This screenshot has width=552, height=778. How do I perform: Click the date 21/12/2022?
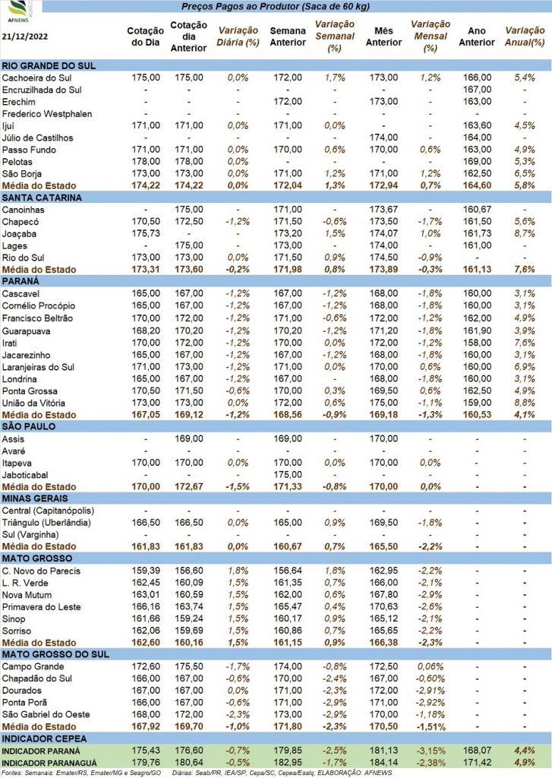click(25, 36)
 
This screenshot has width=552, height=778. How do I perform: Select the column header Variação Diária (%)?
click(238, 36)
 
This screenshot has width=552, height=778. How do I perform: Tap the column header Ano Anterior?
click(477, 36)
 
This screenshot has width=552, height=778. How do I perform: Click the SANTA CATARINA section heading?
click(42, 198)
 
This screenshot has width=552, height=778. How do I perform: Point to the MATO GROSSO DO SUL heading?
click(55, 654)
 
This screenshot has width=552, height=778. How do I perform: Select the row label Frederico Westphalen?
click(47, 114)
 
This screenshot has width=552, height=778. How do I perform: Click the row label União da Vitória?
click(33, 403)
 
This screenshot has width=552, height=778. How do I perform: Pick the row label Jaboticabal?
click(25, 475)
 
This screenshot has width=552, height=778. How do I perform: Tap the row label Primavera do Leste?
click(41, 607)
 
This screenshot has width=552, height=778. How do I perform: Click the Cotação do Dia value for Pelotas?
click(146, 161)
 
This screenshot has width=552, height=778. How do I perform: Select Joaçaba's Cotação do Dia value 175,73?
click(146, 234)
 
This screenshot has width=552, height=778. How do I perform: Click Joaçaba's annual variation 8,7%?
click(525, 234)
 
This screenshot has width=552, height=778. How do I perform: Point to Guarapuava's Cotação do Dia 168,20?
click(146, 331)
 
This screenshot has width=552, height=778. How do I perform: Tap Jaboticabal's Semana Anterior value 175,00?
click(288, 475)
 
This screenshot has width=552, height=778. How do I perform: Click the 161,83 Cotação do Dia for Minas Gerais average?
click(146, 546)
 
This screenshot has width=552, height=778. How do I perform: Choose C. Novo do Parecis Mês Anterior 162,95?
click(383, 571)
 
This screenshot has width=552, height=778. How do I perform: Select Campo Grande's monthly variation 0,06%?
click(430, 666)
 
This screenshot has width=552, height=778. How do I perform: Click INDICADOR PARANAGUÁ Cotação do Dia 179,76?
click(146, 763)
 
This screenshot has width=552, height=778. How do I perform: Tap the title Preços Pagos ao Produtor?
click(241, 6)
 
